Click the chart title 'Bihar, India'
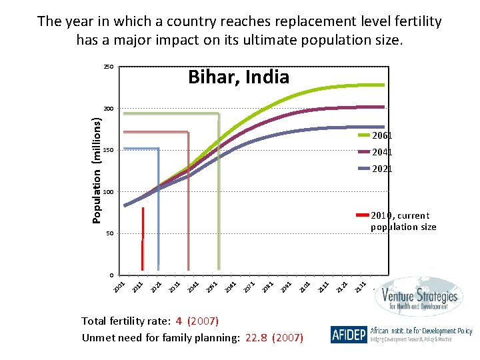(239, 77)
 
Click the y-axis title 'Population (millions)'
(97, 170)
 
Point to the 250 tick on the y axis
(109, 67)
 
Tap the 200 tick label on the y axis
(109, 109)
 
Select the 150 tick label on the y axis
(109, 151)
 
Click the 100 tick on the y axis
(109, 192)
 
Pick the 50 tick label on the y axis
(110, 234)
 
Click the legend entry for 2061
(381, 135)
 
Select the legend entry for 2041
(381, 152)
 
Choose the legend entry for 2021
(381, 169)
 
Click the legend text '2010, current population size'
(403, 221)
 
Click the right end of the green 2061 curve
(384, 85)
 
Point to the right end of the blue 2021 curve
(384, 127)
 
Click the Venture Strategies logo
(416, 299)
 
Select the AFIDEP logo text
(348, 334)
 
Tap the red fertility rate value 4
(179, 321)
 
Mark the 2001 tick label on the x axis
(119, 285)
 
